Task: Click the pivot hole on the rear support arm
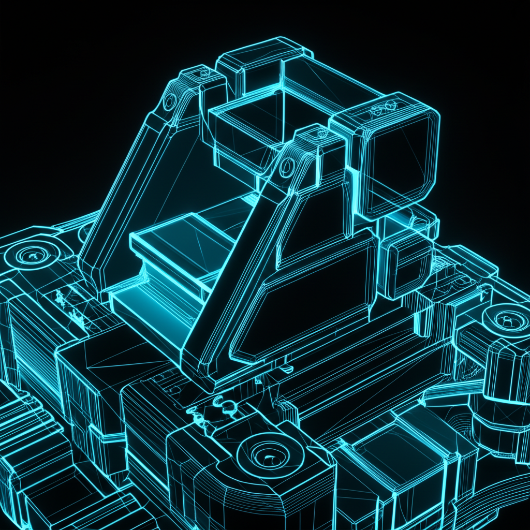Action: [169, 102]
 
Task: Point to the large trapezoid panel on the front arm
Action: [305, 300]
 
